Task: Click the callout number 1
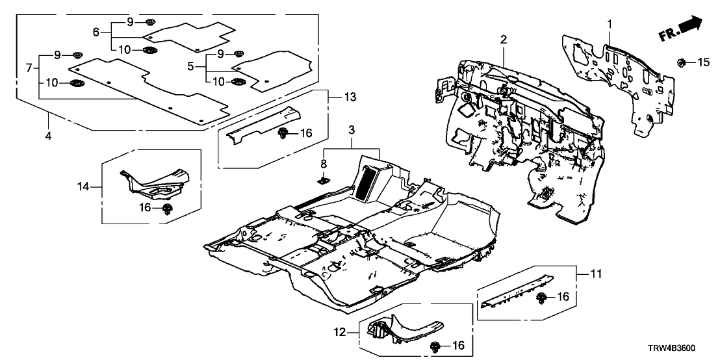tap(610, 24)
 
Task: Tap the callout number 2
tap(503, 40)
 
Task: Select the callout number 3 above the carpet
tap(351, 132)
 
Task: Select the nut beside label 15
tap(682, 62)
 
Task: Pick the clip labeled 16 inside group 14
tap(168, 208)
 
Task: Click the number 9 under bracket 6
tap(130, 22)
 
